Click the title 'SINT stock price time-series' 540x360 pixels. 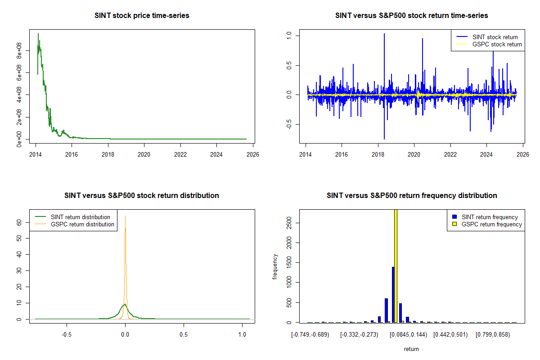point(142,16)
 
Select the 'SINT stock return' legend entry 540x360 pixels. point(495,37)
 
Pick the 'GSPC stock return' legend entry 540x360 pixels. point(497,44)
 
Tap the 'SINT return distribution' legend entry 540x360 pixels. point(81,217)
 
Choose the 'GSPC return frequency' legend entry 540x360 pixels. point(491,224)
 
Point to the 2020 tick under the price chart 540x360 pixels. point(144,153)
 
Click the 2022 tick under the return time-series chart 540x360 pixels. point(450,153)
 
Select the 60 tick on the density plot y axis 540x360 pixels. point(20,222)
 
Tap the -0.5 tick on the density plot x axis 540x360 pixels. point(67,334)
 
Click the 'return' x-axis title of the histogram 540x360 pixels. point(411,349)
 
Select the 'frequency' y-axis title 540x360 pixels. point(275,267)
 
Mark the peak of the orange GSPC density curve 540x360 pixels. point(125,216)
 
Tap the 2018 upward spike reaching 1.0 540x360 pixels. point(384,34)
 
